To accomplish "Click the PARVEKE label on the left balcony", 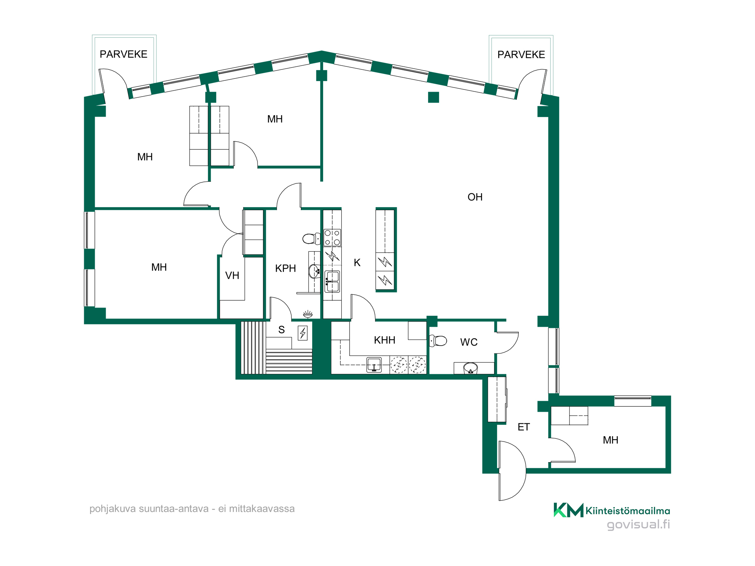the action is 123,54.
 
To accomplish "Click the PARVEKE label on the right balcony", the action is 521,55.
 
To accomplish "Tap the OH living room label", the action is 475,197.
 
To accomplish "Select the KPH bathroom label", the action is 285,268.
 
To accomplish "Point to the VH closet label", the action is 232,275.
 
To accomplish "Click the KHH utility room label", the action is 384,340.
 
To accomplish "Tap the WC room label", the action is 469,342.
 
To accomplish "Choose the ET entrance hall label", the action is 524,427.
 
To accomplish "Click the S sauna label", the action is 281,330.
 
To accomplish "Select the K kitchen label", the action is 357,263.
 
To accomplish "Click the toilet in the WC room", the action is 438,341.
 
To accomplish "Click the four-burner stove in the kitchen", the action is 332,238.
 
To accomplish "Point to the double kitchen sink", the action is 332,281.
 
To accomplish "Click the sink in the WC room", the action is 470,368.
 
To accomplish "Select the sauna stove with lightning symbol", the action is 303,333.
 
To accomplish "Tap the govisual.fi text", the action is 638,524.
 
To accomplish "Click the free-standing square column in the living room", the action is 433,97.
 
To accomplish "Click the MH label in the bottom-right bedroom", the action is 610,440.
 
